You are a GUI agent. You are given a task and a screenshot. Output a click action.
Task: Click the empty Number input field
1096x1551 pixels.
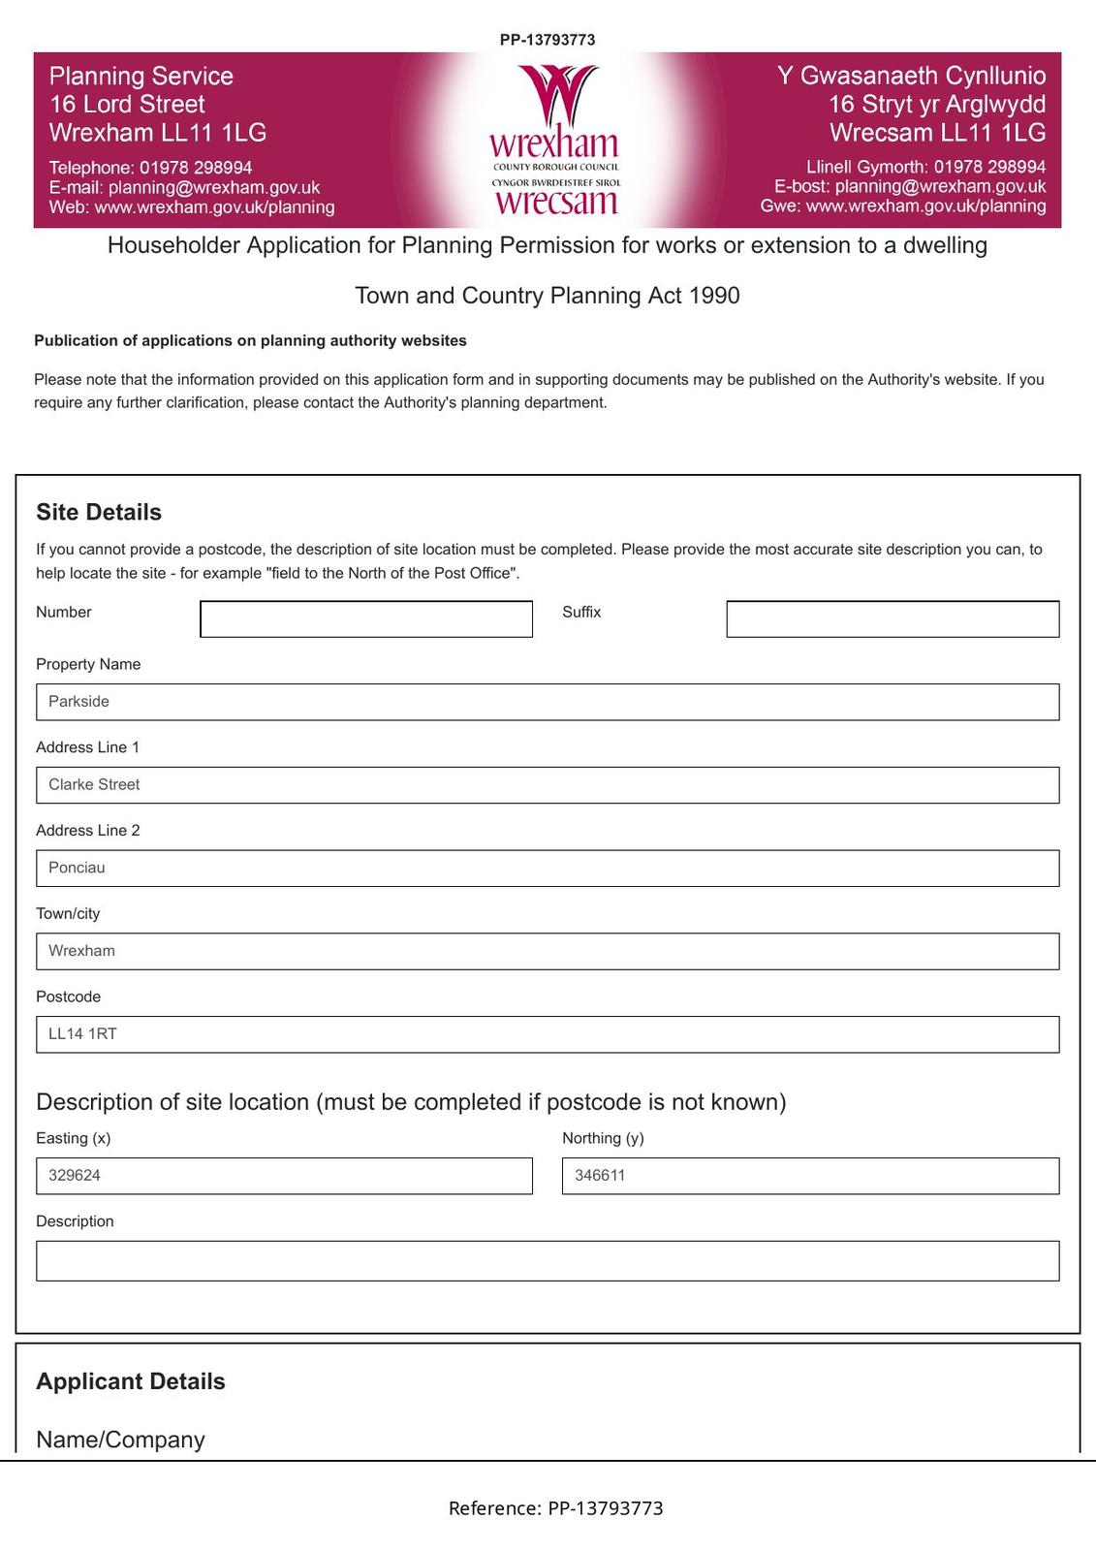click(x=365, y=619)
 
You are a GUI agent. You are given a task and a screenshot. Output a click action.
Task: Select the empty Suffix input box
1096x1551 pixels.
click(x=892, y=619)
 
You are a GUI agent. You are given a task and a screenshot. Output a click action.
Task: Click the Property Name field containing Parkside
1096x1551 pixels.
click(x=547, y=702)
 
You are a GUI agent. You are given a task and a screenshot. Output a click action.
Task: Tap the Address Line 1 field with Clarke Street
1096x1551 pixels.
click(x=547, y=785)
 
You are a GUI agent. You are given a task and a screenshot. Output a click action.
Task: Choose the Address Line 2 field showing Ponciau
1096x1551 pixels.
click(x=547, y=869)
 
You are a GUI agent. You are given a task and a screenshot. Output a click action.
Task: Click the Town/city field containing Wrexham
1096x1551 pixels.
click(x=547, y=951)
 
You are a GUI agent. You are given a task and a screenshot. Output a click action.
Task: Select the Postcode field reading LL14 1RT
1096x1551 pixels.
click(x=547, y=1034)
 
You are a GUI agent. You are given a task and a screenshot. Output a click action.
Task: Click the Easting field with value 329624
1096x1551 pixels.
click(x=283, y=1176)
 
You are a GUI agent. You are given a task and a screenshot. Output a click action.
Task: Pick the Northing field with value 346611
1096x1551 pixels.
click(x=809, y=1176)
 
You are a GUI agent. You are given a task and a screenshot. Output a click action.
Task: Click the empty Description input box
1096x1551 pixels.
click(x=547, y=1261)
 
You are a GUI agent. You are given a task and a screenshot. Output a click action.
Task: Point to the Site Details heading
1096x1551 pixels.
click(x=99, y=513)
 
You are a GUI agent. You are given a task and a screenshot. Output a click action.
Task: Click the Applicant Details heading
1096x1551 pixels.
click(x=131, y=1381)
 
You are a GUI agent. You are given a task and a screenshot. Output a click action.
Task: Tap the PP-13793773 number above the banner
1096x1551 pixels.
click(x=548, y=40)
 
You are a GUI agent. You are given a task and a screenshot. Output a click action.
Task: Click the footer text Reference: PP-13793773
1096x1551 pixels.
click(x=555, y=1508)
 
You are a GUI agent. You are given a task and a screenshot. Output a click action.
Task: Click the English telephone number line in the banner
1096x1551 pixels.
click(x=151, y=168)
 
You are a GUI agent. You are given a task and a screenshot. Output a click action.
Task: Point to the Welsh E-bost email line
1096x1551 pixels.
click(x=909, y=186)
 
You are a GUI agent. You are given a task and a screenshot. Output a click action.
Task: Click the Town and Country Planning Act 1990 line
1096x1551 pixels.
click(x=548, y=296)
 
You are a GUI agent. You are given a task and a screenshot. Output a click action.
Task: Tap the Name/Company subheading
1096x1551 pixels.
click(x=120, y=1440)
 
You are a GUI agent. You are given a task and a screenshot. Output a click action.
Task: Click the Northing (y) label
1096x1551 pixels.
click(x=603, y=1138)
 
